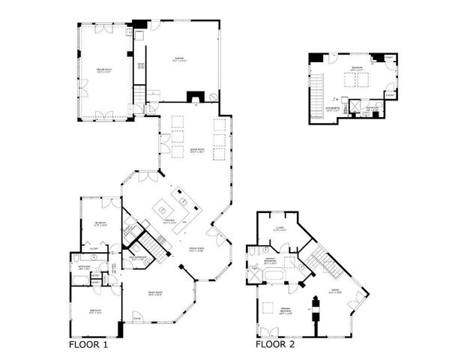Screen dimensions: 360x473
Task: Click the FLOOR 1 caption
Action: (x=88, y=346)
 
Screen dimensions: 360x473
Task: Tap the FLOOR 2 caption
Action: (x=274, y=346)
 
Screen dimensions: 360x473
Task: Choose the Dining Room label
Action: (x=197, y=250)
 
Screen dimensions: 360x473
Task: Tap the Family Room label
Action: (x=155, y=293)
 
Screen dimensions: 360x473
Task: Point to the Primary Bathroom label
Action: (x=271, y=262)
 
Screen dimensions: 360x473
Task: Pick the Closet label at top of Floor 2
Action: (x=280, y=229)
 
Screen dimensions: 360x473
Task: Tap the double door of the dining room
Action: (x=212, y=240)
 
